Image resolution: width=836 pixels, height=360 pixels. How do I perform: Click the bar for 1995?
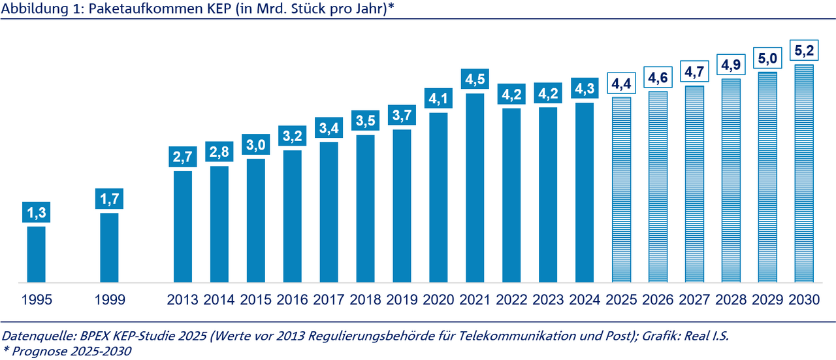[x=36, y=254]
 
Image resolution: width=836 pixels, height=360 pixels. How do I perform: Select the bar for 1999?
[x=109, y=248]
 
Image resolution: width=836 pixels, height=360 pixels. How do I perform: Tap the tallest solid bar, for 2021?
[x=475, y=188]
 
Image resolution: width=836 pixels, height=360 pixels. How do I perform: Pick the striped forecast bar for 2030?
[x=803, y=173]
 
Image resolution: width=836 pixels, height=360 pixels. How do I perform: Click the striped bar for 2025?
[x=621, y=189]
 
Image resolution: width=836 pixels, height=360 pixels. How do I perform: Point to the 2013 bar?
[x=182, y=227]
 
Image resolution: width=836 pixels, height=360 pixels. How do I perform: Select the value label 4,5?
[x=475, y=79]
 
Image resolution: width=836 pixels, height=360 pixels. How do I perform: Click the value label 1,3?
[x=36, y=212]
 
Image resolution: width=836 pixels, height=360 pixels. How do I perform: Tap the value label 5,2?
[x=803, y=50]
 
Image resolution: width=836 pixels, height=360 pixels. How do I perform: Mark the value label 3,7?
[x=402, y=116]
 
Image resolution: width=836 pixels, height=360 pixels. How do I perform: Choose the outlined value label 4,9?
[x=731, y=65]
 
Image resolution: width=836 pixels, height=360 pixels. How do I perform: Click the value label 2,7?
[x=182, y=157]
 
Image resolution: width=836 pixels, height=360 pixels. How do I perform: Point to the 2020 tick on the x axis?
[x=438, y=300]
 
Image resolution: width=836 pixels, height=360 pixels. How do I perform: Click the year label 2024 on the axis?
[x=585, y=300]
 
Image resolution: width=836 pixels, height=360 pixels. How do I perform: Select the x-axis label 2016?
[x=292, y=300]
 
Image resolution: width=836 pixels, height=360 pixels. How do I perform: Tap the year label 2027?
[x=694, y=300]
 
